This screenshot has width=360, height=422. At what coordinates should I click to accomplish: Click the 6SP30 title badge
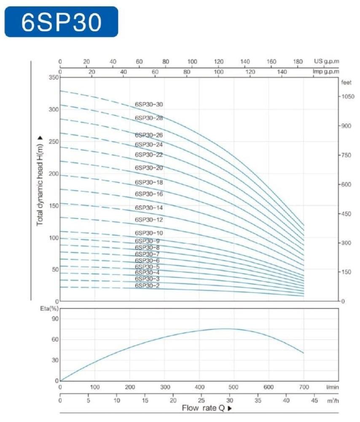click(61, 22)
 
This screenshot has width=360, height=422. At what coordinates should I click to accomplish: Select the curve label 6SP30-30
click(149, 104)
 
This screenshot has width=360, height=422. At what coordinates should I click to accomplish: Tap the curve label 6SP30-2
click(147, 286)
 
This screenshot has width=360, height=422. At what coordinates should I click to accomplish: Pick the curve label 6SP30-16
click(149, 194)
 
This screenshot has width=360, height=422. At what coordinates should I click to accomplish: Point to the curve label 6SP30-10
click(149, 233)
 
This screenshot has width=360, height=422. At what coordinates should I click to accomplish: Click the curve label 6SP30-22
click(149, 155)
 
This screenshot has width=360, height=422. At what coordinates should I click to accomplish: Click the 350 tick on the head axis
click(54, 78)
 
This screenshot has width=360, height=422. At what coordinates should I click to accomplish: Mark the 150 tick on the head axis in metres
click(54, 206)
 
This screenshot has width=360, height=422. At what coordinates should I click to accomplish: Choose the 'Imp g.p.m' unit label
click(325, 72)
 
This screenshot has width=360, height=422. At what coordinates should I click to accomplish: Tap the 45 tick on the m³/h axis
click(314, 400)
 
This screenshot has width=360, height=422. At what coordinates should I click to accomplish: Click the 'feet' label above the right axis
click(346, 83)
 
